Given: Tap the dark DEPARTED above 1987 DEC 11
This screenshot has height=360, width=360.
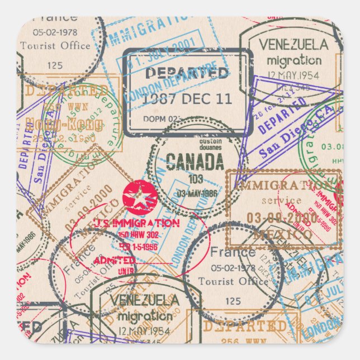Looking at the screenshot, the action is (187, 73).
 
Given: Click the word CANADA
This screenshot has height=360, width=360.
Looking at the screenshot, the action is (195, 163).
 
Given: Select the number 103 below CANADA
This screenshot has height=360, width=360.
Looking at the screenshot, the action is (195, 179).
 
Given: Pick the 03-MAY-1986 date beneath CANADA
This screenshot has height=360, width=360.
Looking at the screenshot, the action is (197, 193).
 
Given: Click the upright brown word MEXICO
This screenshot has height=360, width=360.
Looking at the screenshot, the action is (283, 235).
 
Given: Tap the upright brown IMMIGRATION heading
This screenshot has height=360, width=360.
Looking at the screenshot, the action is (282, 185).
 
